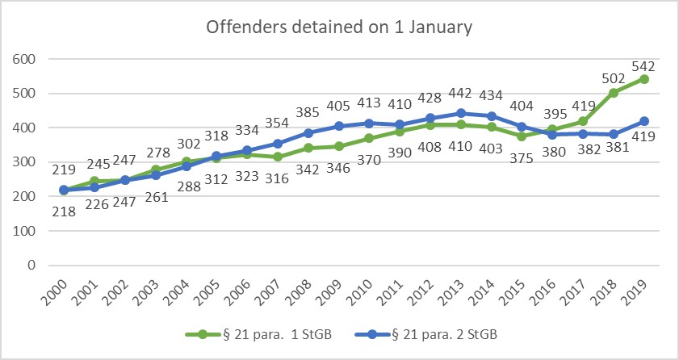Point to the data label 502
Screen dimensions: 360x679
pos(614,79)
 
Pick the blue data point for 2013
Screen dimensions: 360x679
pos(461,113)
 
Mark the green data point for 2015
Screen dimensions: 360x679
pos(522,136)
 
